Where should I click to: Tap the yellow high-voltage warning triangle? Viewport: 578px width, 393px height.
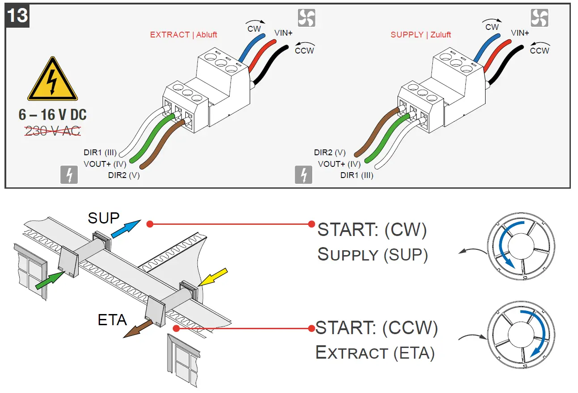tap(53, 81)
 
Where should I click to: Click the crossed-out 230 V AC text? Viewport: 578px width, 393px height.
tap(53, 131)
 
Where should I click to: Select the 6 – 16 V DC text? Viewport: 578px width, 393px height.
tap(53, 115)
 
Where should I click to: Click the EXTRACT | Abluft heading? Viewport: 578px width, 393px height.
tap(184, 35)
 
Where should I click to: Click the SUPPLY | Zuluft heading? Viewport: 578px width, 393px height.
tap(421, 35)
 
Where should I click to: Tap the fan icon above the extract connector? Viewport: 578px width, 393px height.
tap(306, 18)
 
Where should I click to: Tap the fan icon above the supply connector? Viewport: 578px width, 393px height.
tap(539, 18)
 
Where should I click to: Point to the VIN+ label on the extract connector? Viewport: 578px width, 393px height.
tap(283, 33)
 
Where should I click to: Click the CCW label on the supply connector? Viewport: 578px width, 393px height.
tap(539, 50)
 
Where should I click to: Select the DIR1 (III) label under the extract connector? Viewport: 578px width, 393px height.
tap(100, 153)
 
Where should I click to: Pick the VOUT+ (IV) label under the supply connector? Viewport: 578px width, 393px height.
tap(339, 164)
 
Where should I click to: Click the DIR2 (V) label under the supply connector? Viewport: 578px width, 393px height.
tap(330, 153)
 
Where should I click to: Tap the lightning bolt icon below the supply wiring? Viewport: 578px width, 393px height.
tap(304, 175)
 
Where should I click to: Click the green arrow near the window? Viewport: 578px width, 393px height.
tap(50, 282)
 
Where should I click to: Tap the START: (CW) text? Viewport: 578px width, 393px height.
tap(372, 230)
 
